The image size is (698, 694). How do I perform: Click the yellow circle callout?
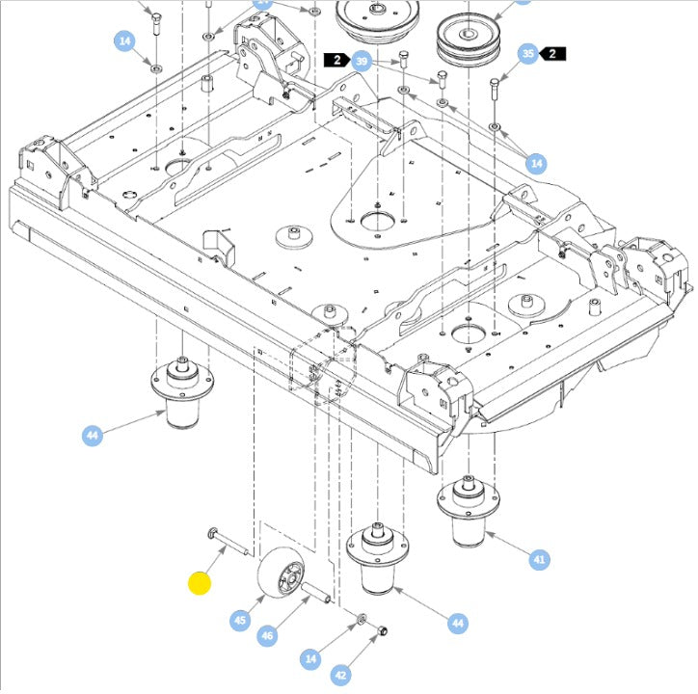pos(200,583)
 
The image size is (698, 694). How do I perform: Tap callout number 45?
pos(240,621)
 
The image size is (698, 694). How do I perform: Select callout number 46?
pos(268,636)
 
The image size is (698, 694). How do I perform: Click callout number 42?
pos(340,676)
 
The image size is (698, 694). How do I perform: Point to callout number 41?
pos(539,558)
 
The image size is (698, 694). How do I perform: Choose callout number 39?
pos(362,62)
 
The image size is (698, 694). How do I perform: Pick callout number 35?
pos(527,54)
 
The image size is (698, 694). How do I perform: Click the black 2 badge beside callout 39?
pos(337,61)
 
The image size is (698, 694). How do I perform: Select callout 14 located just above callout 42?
pos(310,659)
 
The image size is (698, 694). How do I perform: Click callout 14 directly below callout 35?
pos(537,164)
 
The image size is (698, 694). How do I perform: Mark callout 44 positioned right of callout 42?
pos(458,625)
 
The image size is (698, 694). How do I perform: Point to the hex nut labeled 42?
pos(381,631)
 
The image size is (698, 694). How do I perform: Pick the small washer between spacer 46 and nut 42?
pos(360,618)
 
